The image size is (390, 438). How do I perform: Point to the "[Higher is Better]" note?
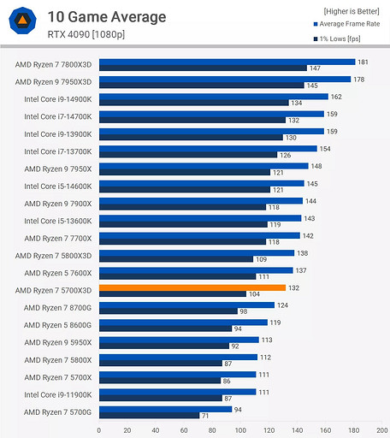[x=352, y=11]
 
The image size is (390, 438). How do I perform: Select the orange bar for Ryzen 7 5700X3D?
[x=192, y=288]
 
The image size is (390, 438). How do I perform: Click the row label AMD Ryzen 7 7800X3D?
[x=54, y=64]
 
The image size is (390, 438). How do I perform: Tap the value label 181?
[x=363, y=62]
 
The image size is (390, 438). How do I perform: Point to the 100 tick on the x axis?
[x=240, y=430]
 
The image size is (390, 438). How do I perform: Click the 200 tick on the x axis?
[x=381, y=430]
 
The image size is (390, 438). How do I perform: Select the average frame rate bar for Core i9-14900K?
[x=212, y=97]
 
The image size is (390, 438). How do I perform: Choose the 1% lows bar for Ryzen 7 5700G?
[x=149, y=415]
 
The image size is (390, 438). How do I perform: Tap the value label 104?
[x=254, y=293]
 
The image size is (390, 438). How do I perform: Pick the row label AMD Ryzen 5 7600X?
[x=56, y=271]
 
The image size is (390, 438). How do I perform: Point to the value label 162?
[x=336, y=97]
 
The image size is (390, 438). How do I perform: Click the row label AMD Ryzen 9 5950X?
[x=56, y=341]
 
